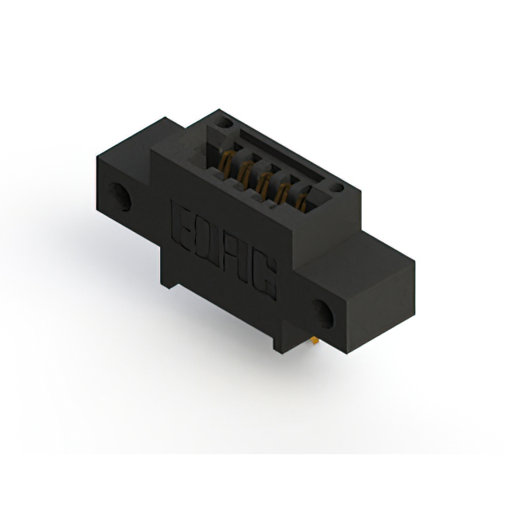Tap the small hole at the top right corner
338,189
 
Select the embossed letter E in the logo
181,219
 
